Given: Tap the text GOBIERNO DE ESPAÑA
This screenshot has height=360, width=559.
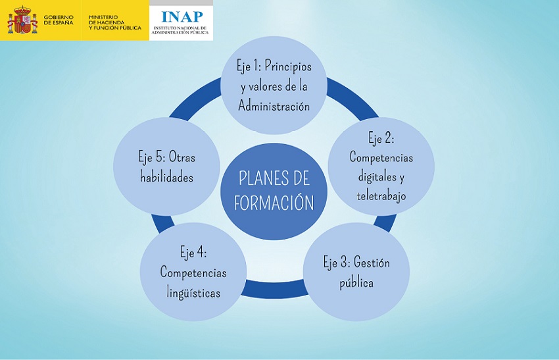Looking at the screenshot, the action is pos(59,20).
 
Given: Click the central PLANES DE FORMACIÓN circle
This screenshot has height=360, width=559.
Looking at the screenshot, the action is pos(274,191).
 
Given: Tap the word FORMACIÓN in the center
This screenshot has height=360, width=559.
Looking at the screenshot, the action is pos(274,203).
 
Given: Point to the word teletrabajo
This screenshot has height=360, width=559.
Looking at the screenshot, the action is pos(381,195).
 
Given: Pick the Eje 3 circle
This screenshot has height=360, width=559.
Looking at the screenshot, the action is pos(356,272).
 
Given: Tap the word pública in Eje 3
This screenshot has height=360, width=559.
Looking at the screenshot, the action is pos(356,283).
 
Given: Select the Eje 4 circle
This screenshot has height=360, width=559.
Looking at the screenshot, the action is pos(193,272).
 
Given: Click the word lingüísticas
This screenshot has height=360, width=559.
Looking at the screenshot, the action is pos(193,293).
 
